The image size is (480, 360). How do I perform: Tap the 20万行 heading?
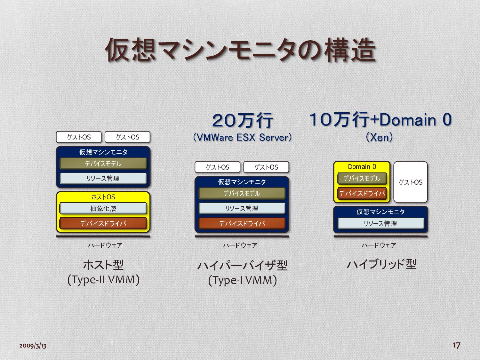click(x=242, y=121)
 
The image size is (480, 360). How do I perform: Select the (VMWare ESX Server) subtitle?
click(x=242, y=138)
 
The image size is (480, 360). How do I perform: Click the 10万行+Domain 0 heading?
click(x=380, y=120)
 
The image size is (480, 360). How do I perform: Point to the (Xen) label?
click(x=379, y=138)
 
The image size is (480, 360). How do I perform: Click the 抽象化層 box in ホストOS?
click(x=103, y=209)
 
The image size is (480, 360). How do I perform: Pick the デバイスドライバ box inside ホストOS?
click(x=103, y=223)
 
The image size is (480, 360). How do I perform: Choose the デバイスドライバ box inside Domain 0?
click(x=362, y=193)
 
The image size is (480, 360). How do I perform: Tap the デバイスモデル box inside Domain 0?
click(x=362, y=178)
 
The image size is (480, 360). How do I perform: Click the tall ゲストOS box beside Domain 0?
click(x=411, y=182)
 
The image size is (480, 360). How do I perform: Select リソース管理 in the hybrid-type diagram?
click(x=380, y=223)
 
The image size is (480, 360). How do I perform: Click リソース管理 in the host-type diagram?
click(x=103, y=178)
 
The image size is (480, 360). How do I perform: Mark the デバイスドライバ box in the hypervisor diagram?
click(x=242, y=223)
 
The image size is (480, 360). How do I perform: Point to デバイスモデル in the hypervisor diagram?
click(x=242, y=193)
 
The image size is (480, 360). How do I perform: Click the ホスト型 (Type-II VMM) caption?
click(x=103, y=272)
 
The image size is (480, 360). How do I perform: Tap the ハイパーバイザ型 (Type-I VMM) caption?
click(x=242, y=273)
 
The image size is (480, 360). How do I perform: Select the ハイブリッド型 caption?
click(x=381, y=264)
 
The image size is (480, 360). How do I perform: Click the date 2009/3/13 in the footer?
click(x=33, y=346)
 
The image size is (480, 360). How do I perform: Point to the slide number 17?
click(x=456, y=345)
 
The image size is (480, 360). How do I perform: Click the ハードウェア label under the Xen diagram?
click(x=379, y=245)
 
